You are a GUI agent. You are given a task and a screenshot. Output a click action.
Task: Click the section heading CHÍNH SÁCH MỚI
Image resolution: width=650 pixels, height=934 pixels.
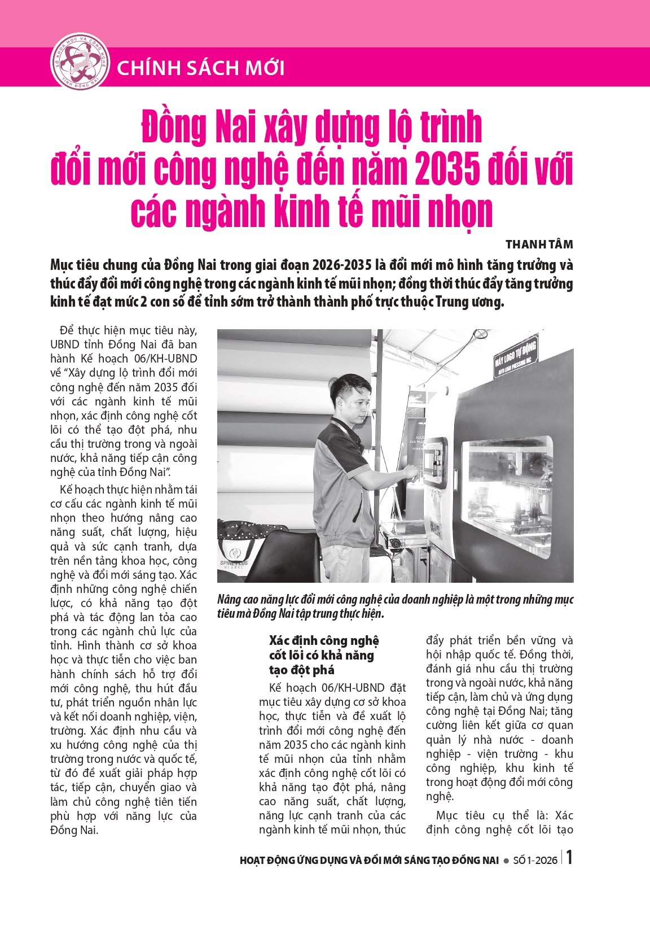coord(200,68)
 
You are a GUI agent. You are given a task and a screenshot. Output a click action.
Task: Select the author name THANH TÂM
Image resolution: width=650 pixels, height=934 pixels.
coord(539,245)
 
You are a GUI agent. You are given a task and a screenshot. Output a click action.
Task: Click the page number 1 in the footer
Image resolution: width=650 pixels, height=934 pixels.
coord(569,858)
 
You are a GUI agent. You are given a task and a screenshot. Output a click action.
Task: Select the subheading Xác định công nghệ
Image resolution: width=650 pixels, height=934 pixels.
coord(324,641)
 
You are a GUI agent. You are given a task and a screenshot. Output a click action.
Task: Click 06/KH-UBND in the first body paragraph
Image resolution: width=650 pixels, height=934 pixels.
coord(170,359)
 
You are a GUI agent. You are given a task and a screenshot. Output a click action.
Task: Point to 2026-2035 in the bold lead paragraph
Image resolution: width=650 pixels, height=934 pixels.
coord(342,265)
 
